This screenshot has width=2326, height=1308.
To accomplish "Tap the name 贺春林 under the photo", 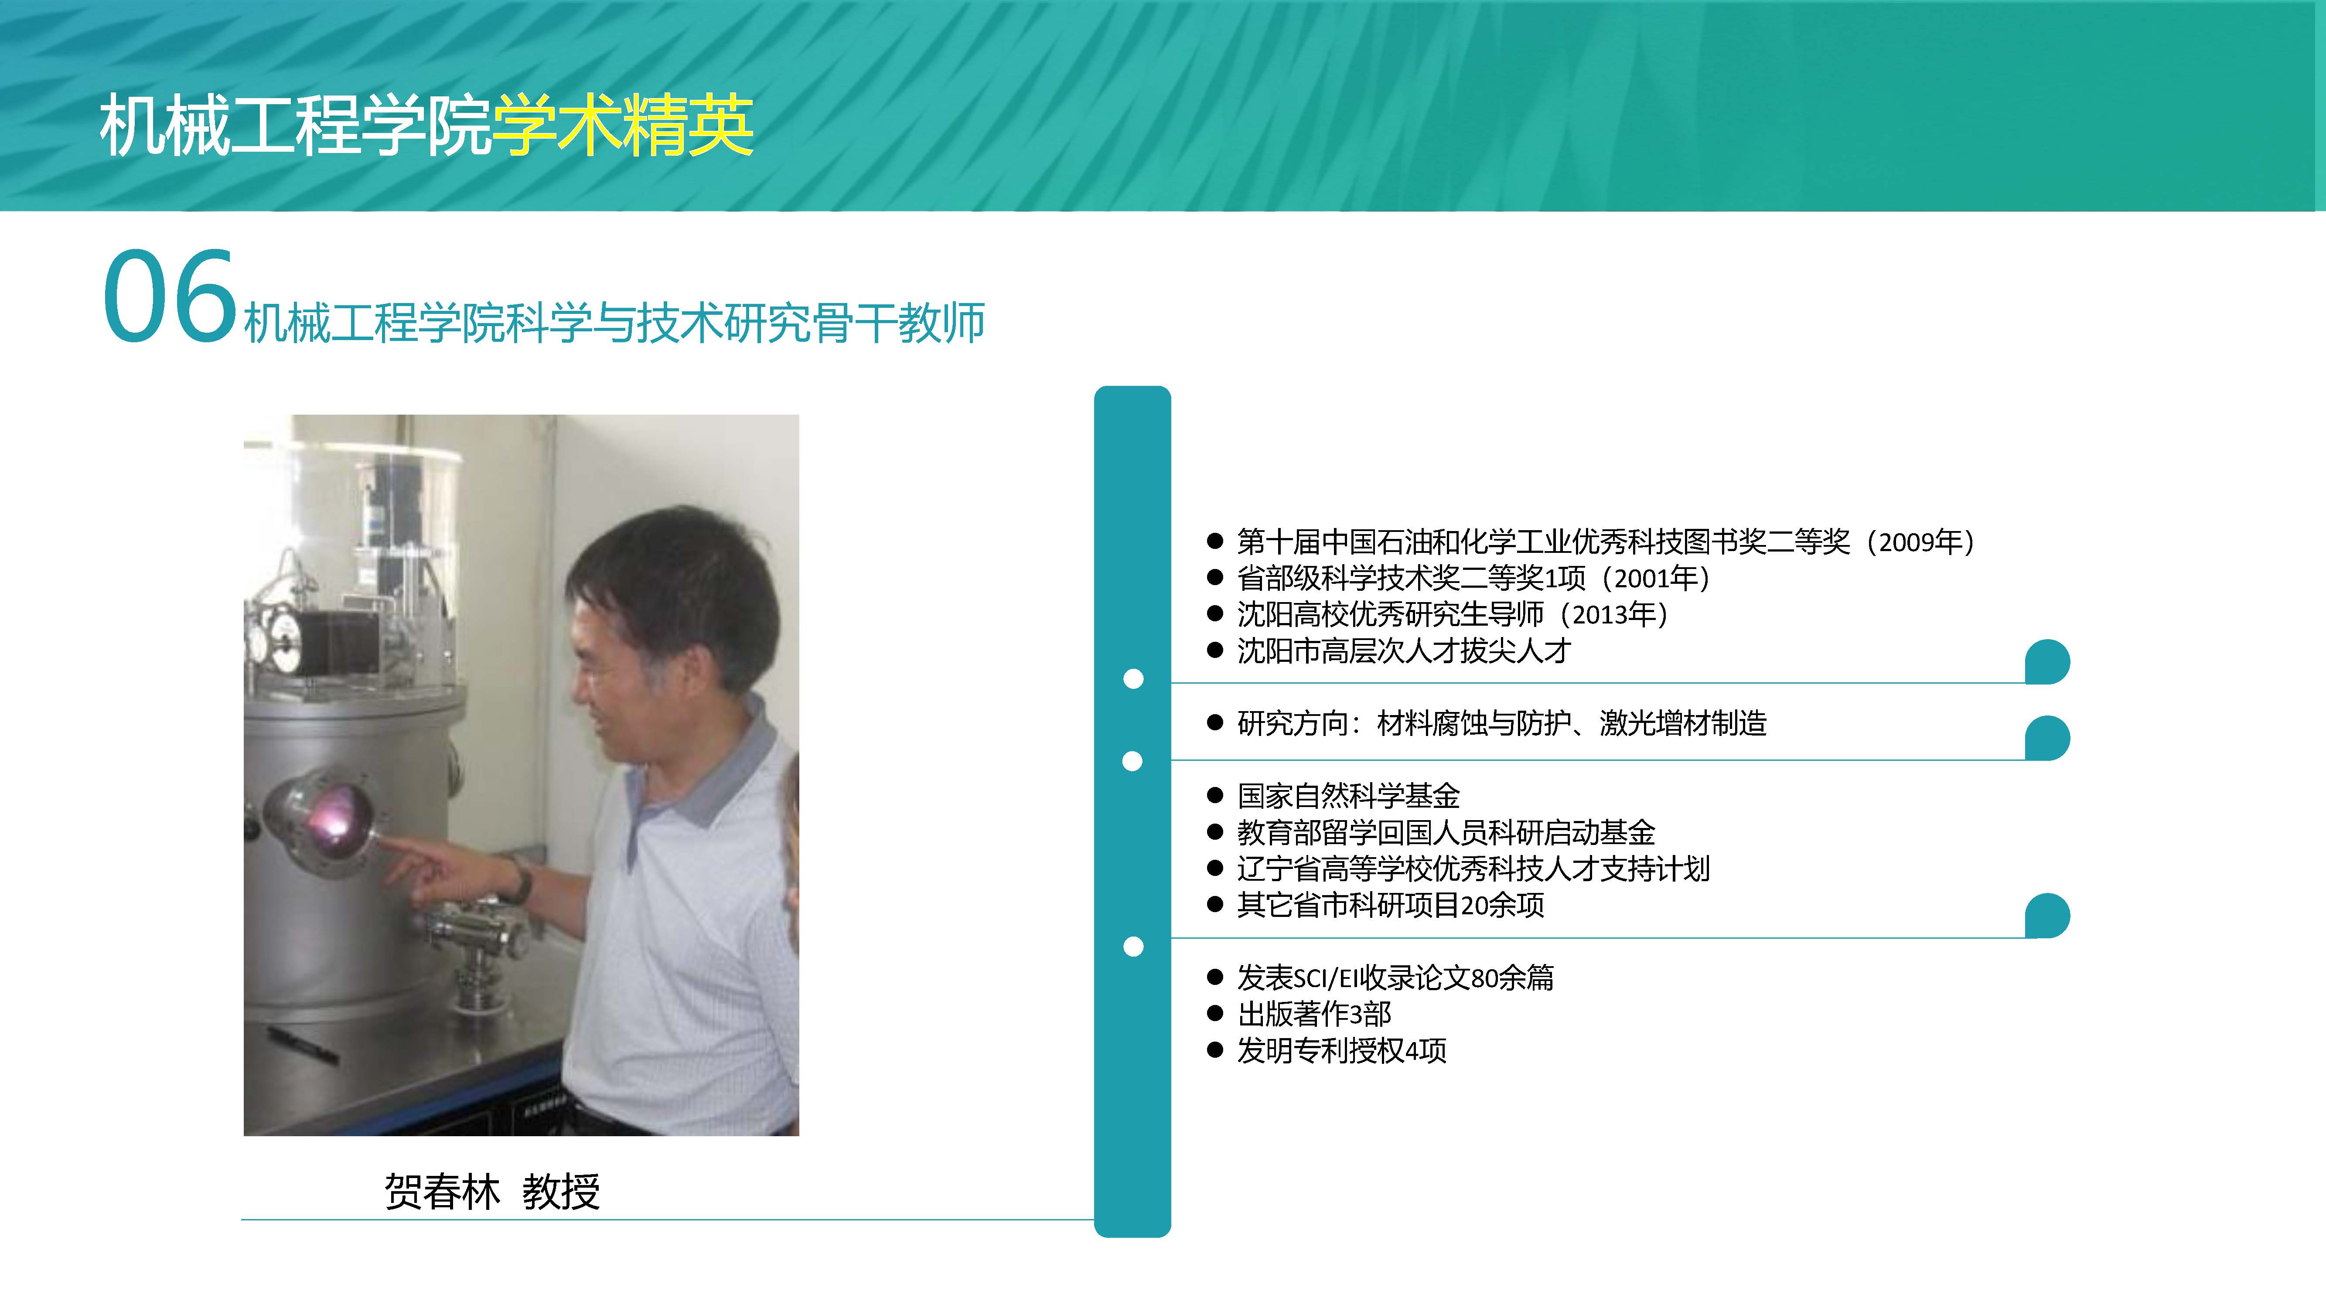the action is pyautogui.click(x=442, y=1192).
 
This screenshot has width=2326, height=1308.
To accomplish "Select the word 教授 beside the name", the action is pyautogui.click(x=561, y=1192).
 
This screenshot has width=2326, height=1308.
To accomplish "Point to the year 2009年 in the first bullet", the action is pyautogui.click(x=1921, y=542).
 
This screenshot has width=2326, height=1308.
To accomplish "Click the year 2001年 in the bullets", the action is pyautogui.click(x=1656, y=578).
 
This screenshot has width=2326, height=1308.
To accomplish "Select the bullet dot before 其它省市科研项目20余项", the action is pyautogui.click(x=1214, y=905).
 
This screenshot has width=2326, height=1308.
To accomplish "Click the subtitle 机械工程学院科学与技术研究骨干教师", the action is pyautogui.click(x=614, y=322).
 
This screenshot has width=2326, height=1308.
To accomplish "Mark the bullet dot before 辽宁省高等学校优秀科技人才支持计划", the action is pyautogui.click(x=1214, y=869).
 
